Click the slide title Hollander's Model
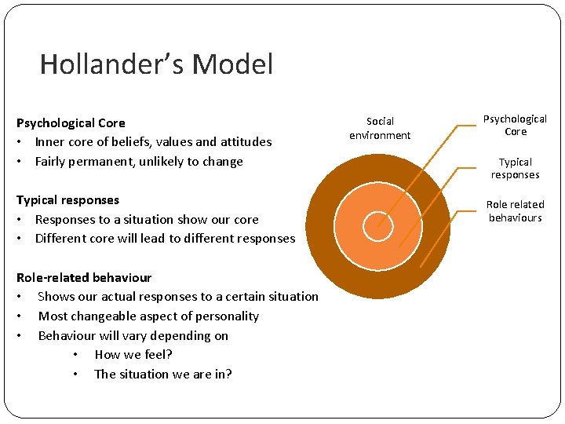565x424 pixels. tap(156, 64)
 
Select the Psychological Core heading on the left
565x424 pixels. tap(71, 122)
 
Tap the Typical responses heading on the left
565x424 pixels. tap(67, 200)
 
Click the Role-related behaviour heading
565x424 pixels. tap(84, 277)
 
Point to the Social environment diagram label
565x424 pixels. tap(380, 128)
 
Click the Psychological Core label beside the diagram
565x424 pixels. tap(515, 125)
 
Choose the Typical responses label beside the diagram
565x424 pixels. tap(515, 168)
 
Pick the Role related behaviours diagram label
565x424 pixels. tap(515, 210)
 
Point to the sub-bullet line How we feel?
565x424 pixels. tap(133, 355)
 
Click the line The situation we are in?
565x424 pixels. tap(162, 374)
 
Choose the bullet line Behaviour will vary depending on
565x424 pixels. tap(133, 336)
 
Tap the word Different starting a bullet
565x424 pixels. tap(61, 239)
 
